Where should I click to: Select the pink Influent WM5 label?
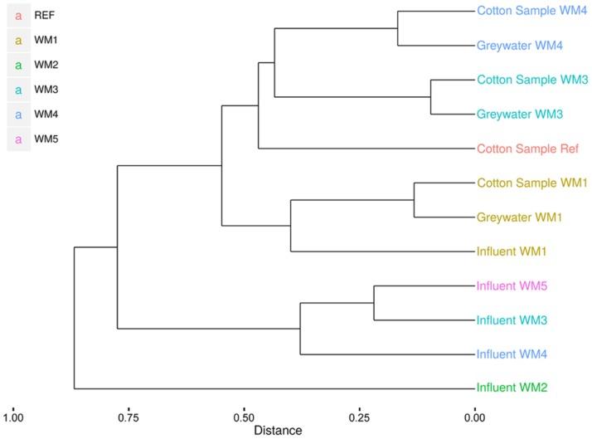[x=511, y=285]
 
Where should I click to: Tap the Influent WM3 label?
[x=511, y=319]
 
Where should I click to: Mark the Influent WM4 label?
[x=511, y=354]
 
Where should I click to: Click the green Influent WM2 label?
[x=511, y=388]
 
